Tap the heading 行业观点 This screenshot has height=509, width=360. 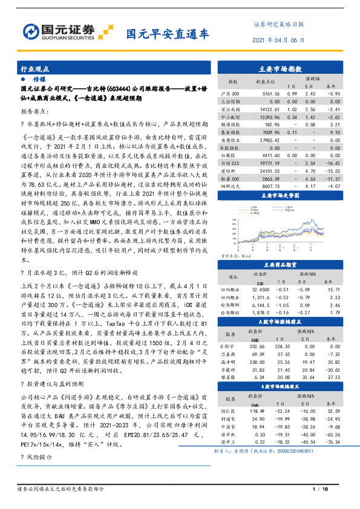pos(35,70)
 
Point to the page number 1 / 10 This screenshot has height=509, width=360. pos(320,488)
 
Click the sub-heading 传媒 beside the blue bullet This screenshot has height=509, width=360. pos(39,79)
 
